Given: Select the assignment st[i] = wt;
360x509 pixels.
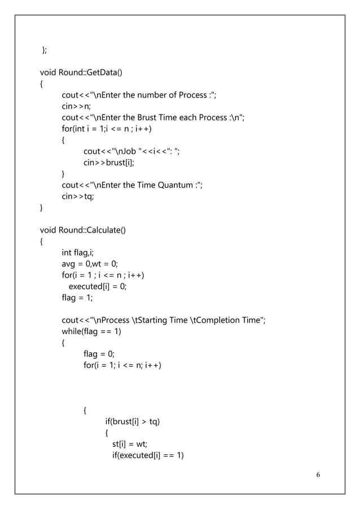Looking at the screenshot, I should tap(130, 444).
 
